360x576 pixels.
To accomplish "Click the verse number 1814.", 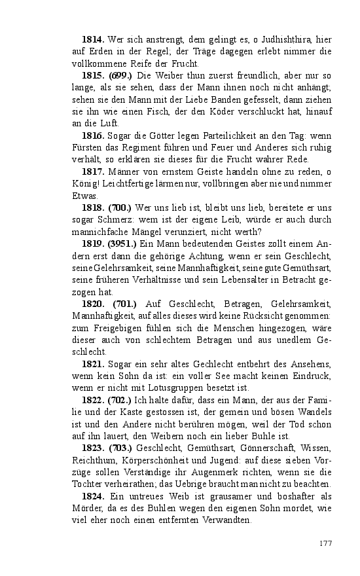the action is pyautogui.click(x=92, y=40).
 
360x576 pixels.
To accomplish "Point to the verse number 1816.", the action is pyautogui.click(x=92, y=135).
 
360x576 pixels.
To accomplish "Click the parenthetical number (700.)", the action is pyautogui.click(x=122, y=207).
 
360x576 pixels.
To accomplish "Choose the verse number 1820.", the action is pyautogui.click(x=94, y=304).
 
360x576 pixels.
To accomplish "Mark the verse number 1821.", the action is pyautogui.click(x=92, y=364).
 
